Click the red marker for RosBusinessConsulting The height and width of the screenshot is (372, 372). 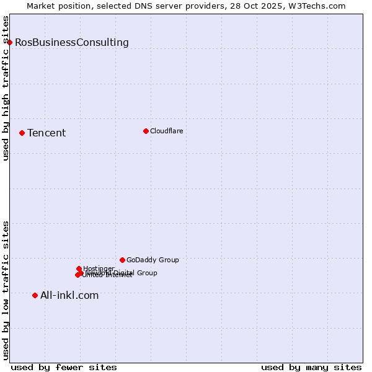click(x=10, y=42)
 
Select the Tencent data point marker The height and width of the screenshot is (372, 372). click(x=22, y=133)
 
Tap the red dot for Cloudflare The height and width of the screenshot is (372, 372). click(x=146, y=131)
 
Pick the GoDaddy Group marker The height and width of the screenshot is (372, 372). click(x=122, y=260)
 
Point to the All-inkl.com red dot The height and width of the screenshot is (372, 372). click(x=35, y=295)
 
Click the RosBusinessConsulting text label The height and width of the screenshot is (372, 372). click(x=72, y=42)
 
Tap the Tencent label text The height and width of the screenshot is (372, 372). click(x=46, y=133)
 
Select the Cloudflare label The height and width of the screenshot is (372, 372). click(x=166, y=131)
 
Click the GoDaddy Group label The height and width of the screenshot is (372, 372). click(x=153, y=260)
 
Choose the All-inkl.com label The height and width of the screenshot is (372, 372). click(x=69, y=295)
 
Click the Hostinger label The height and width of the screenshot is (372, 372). click(x=99, y=268)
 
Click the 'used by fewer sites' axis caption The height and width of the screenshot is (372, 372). click(x=64, y=367)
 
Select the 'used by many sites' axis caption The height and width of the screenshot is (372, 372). click(x=311, y=367)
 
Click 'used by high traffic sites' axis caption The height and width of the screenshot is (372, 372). click(x=6, y=88)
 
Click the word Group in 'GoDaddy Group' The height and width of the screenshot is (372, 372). click(x=168, y=260)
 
